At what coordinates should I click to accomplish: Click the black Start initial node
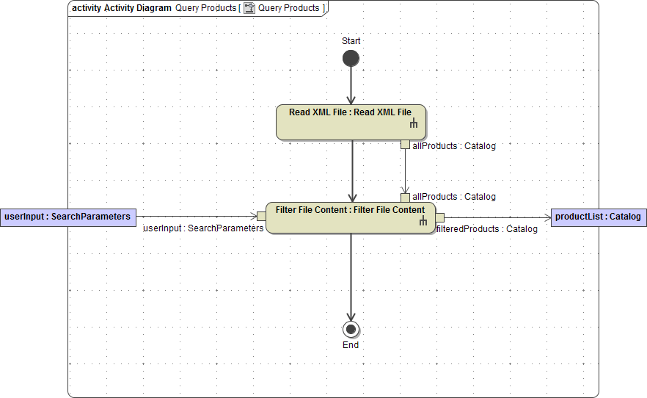pyautogui.click(x=351, y=59)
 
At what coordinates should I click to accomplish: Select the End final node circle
pyautogui.click(x=351, y=329)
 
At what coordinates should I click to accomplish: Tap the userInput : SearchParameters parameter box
pyautogui.click(x=67, y=217)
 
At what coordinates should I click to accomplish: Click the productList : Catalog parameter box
pyautogui.click(x=599, y=217)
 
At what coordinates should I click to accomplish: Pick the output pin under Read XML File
pyautogui.click(x=405, y=145)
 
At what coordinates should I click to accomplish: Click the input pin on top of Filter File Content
pyautogui.click(x=405, y=198)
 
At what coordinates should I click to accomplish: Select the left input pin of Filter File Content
pyautogui.click(x=261, y=216)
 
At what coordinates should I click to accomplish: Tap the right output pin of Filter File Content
pyautogui.click(x=440, y=216)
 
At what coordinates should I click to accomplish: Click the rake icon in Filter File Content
pyautogui.click(x=423, y=222)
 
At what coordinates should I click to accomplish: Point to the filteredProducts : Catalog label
pyautogui.click(x=487, y=229)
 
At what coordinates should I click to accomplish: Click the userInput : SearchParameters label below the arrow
pyautogui.click(x=203, y=228)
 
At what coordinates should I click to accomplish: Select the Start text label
pyautogui.click(x=351, y=41)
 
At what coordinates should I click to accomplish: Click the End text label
pyautogui.click(x=351, y=345)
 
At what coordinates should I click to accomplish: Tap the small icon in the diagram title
pyautogui.click(x=249, y=8)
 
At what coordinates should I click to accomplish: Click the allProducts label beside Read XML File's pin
pyautogui.click(x=454, y=146)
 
